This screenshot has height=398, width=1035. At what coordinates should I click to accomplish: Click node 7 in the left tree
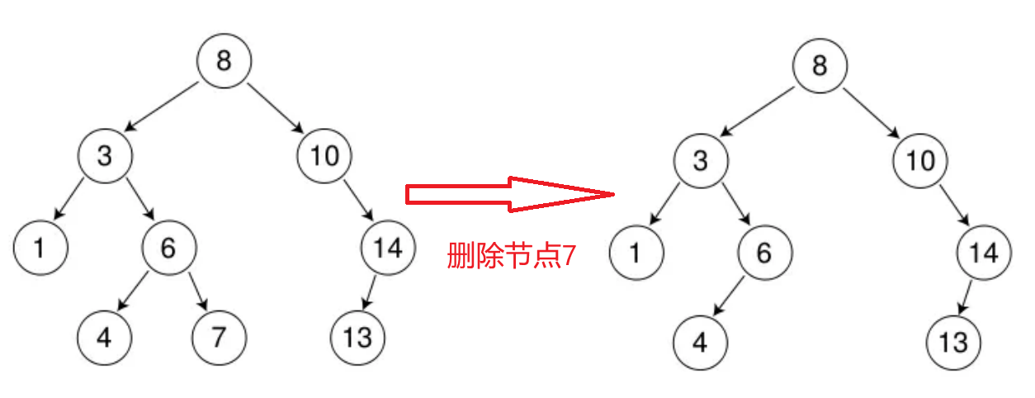pos(219,338)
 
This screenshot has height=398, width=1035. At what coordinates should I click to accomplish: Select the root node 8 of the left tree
pos(224,61)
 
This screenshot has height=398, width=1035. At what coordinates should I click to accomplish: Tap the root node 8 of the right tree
pos(819,65)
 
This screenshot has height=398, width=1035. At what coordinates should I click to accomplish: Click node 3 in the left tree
pos(105,155)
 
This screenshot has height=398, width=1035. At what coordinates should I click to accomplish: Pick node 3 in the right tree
pos(700,159)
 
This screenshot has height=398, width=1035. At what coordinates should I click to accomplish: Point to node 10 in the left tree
pos(324,155)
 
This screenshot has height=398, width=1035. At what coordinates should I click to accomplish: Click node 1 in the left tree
pos(40,247)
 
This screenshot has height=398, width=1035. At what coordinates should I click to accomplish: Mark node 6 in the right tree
pos(764,252)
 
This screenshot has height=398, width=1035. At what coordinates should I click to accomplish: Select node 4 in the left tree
pos(105,338)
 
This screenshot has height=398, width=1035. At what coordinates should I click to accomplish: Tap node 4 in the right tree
pos(700,342)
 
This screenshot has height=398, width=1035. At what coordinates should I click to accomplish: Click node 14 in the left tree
pos(388,247)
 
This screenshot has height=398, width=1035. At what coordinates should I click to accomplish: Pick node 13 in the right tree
pos(953,342)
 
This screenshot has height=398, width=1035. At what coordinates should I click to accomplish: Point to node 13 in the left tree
pos(358,338)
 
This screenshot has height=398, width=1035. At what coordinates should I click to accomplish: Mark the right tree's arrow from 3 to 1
pos(665,205)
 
